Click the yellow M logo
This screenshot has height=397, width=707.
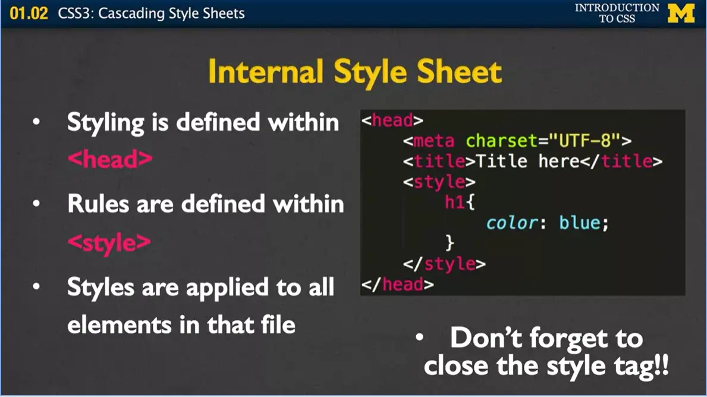tap(681, 13)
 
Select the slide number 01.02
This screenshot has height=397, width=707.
tap(29, 13)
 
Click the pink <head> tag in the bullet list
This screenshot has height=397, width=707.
tap(110, 160)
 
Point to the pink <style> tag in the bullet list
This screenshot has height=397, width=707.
tap(109, 242)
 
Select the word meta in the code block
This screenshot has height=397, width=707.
tap(433, 141)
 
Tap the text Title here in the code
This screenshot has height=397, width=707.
tap(521, 161)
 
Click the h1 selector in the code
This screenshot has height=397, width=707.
tap(454, 202)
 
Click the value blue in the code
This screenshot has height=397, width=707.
tap(580, 223)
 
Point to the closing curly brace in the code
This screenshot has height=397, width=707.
tap(450, 242)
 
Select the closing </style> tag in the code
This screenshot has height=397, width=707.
tap(444, 263)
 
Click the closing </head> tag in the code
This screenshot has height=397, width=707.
tap(398, 284)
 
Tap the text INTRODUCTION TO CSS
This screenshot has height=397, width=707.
tap(617, 13)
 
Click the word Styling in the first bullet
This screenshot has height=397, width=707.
tap(105, 122)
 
